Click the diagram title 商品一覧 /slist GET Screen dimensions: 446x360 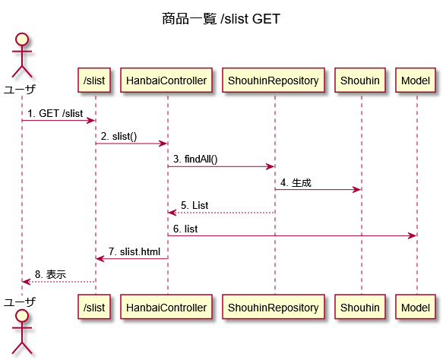[221, 19]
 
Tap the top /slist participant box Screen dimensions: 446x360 [94, 81]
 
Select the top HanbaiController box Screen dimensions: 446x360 [166, 81]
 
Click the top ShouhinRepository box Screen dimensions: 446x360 [274, 81]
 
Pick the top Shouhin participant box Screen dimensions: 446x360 [360, 81]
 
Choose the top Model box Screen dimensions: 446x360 [416, 81]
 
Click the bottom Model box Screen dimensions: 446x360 [416, 307]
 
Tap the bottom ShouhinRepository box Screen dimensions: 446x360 [274, 307]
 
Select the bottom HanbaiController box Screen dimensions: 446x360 [166, 307]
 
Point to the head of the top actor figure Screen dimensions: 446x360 [22, 39]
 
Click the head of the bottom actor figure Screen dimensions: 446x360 [22, 315]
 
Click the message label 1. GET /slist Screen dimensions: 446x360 [55, 113]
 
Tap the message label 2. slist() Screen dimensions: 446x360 [119, 137]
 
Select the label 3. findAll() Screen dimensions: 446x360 [195, 159]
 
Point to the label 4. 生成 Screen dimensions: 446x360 [296, 182]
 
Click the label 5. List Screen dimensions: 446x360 [195, 205]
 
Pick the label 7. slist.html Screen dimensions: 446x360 [134, 251]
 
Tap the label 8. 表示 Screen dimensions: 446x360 [51, 275]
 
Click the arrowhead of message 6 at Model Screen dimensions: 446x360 [413, 235]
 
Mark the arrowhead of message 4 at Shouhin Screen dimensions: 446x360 [357, 190]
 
